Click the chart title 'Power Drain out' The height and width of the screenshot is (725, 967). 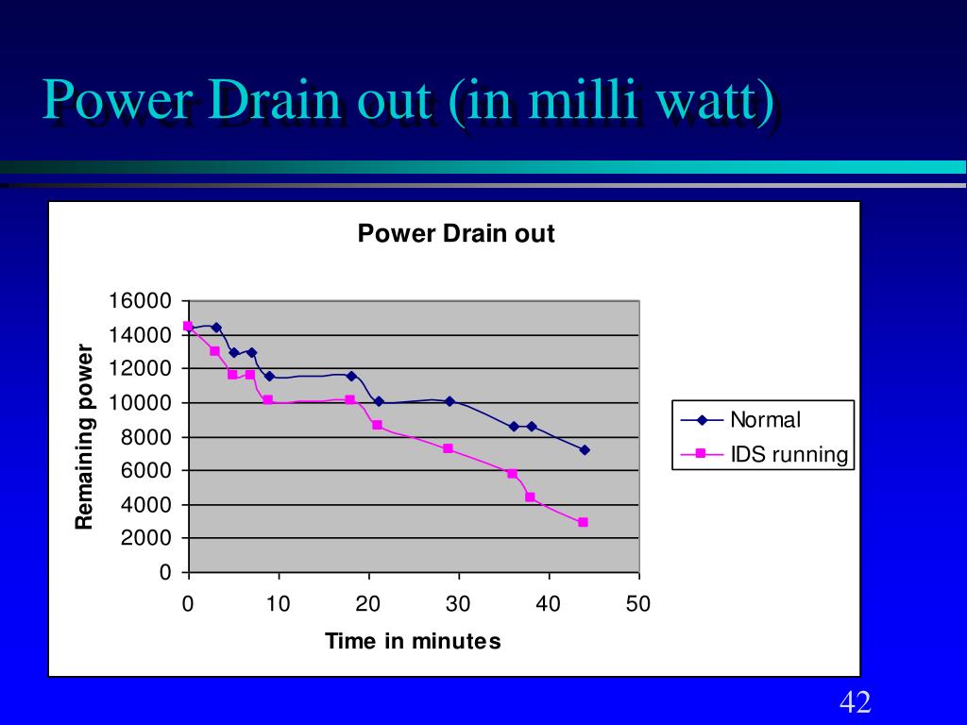tap(455, 234)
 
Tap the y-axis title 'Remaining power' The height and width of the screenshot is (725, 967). tap(85, 437)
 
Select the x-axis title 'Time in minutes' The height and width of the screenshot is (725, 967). tap(413, 642)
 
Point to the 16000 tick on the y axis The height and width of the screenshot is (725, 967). tap(140, 301)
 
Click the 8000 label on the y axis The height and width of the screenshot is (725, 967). tap(144, 437)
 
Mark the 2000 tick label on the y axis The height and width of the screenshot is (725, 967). tap(144, 538)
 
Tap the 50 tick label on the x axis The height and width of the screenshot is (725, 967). tap(638, 604)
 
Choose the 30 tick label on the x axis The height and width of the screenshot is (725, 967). tap(458, 604)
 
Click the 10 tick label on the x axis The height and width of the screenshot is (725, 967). tap(278, 604)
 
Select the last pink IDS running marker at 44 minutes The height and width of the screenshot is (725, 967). tap(584, 522)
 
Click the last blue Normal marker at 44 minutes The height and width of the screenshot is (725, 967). tap(585, 449)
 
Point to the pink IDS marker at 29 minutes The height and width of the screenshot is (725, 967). tap(448, 448)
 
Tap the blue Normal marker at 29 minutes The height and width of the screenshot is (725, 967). tap(450, 401)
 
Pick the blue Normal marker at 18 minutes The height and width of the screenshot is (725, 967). tap(351, 376)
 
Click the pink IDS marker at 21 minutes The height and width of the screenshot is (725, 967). tap(377, 425)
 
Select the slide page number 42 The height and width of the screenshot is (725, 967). tap(855, 702)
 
